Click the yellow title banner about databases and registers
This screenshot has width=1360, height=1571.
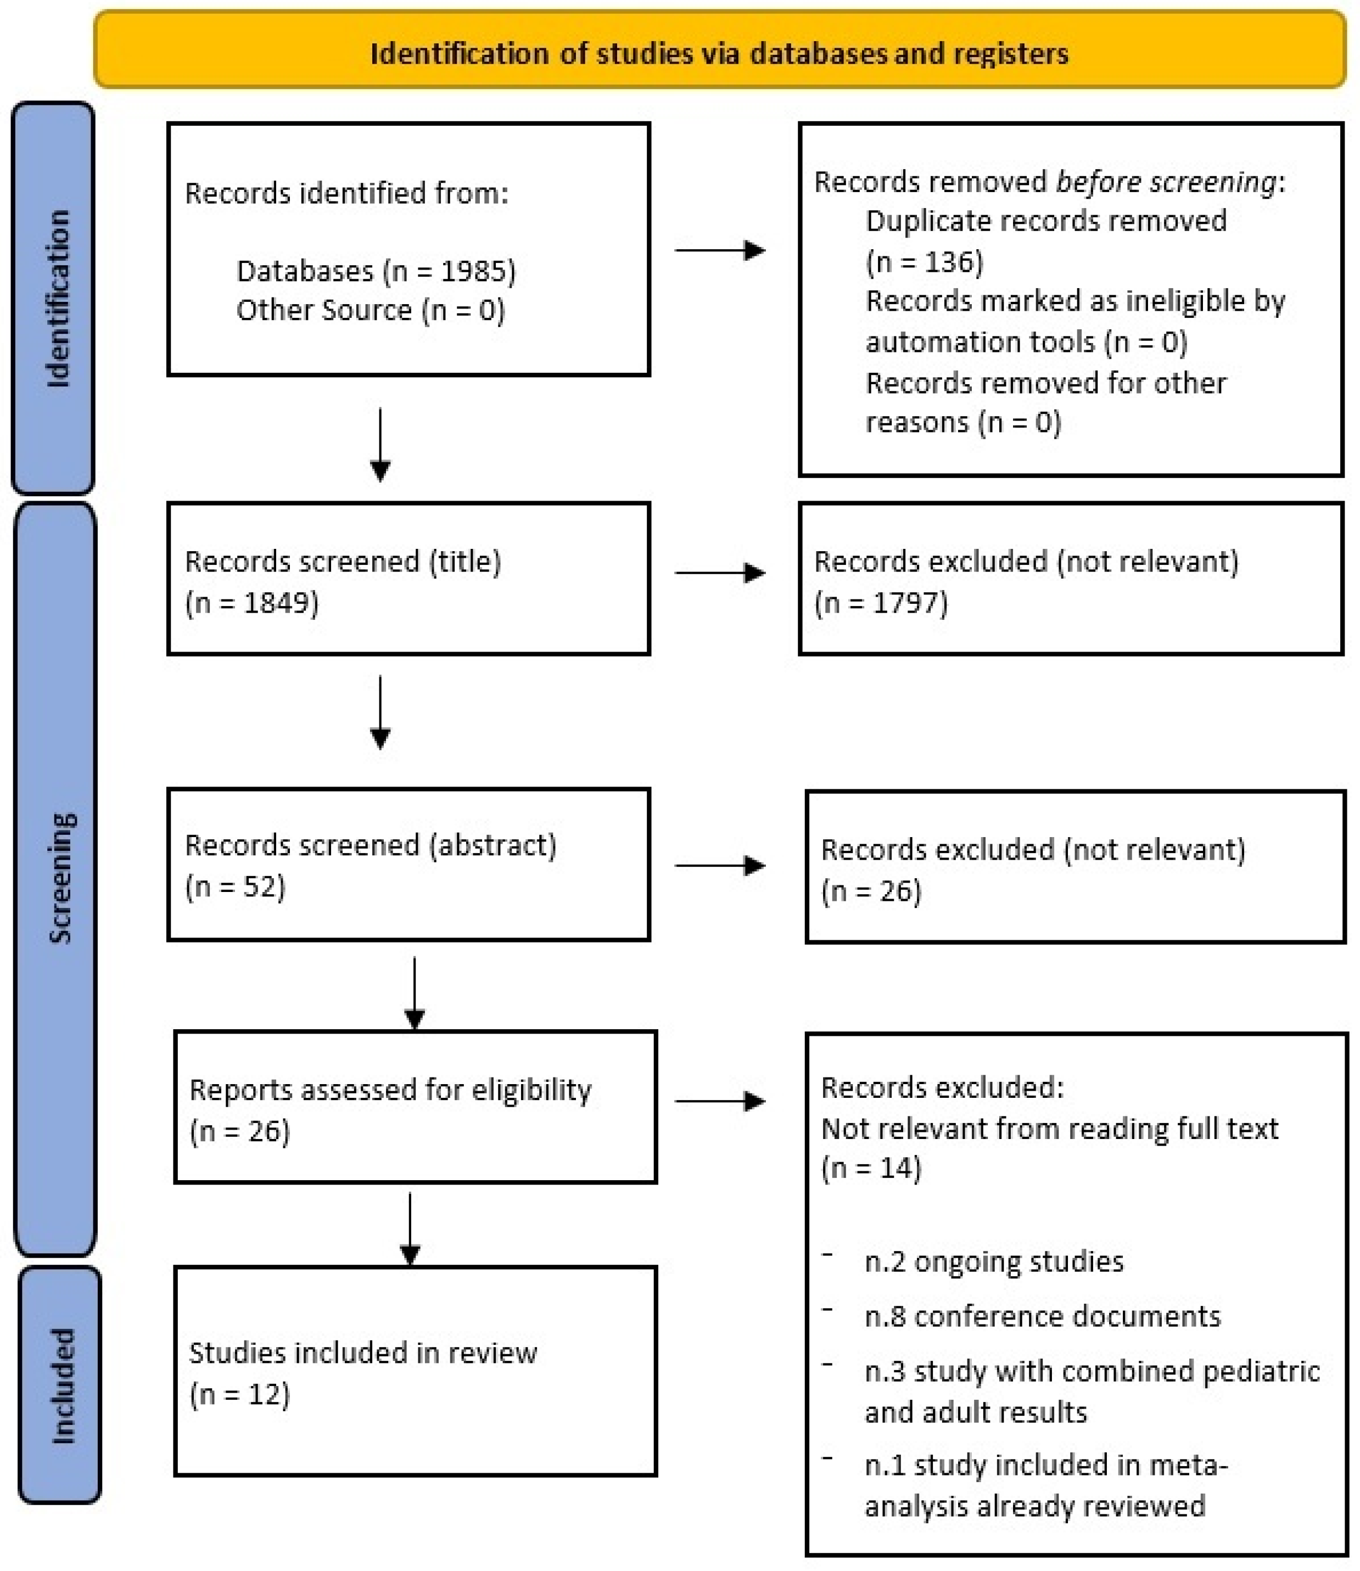click(719, 52)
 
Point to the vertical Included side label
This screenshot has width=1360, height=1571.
click(61, 1386)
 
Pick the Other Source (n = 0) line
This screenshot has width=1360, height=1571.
click(371, 310)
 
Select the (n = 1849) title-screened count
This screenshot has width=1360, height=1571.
click(252, 603)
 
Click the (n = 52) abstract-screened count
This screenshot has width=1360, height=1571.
click(235, 886)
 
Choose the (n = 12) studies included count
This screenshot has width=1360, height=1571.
click(240, 1394)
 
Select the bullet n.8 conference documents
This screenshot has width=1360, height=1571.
click(1042, 1317)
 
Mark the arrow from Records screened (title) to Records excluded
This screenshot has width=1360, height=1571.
click(719, 573)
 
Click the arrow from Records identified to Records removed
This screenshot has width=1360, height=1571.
click(719, 250)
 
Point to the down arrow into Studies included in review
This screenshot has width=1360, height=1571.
click(410, 1229)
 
